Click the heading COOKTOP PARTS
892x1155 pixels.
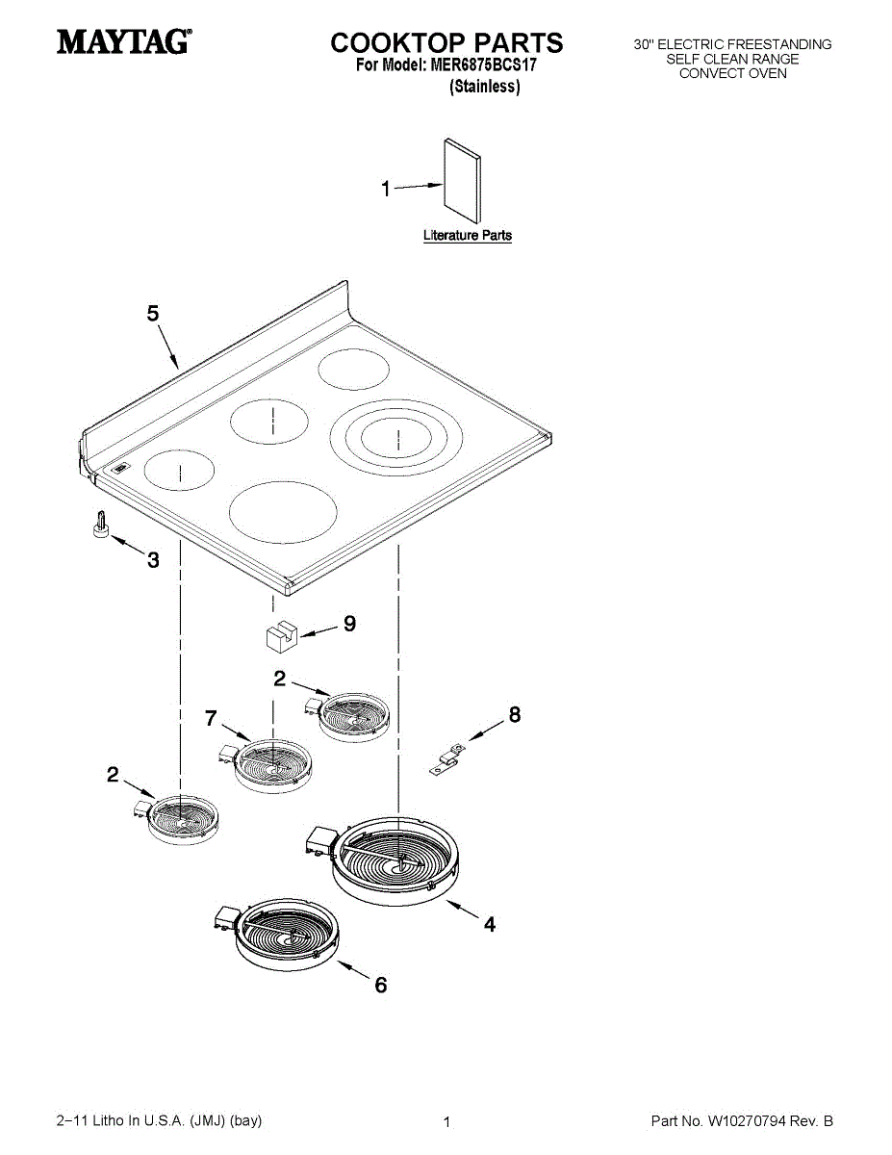pyautogui.click(x=446, y=42)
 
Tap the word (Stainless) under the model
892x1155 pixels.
pyautogui.click(x=485, y=87)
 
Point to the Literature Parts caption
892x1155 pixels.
pyautogui.click(x=468, y=235)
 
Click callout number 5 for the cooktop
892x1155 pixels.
pyautogui.click(x=153, y=314)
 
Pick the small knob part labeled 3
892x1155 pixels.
pyautogui.click(x=101, y=527)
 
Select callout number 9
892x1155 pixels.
pyautogui.click(x=349, y=624)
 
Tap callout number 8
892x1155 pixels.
pyautogui.click(x=515, y=714)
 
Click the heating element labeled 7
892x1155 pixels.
pyautogui.click(x=272, y=763)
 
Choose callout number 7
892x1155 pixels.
pyautogui.click(x=211, y=717)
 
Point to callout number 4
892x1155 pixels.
pyautogui.click(x=490, y=925)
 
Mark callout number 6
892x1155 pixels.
pyautogui.click(x=381, y=986)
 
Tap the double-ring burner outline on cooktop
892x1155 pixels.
pyautogui.click(x=396, y=439)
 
